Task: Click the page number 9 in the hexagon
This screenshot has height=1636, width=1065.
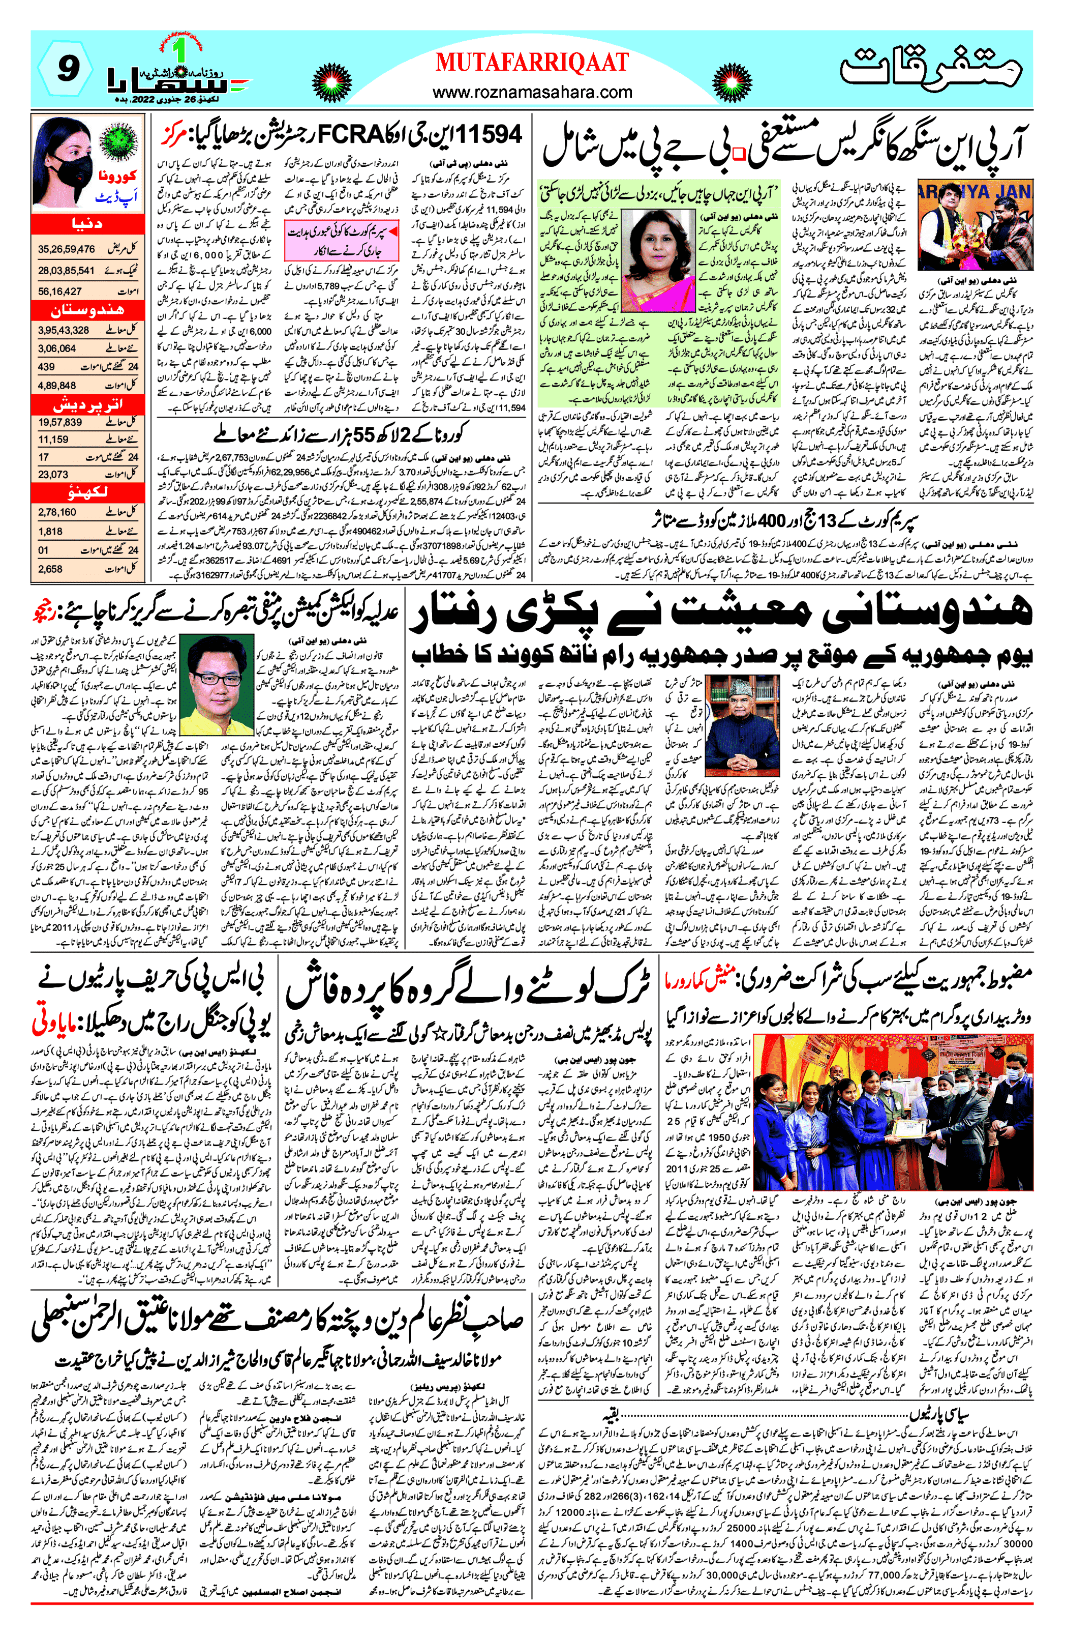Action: click(66, 69)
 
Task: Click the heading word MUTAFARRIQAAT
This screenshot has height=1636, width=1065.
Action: click(532, 63)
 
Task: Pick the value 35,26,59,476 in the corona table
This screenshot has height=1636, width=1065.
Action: click(66, 249)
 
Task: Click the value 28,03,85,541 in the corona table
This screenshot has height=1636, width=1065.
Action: click(66, 271)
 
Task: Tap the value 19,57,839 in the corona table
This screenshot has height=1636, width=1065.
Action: click(60, 422)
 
